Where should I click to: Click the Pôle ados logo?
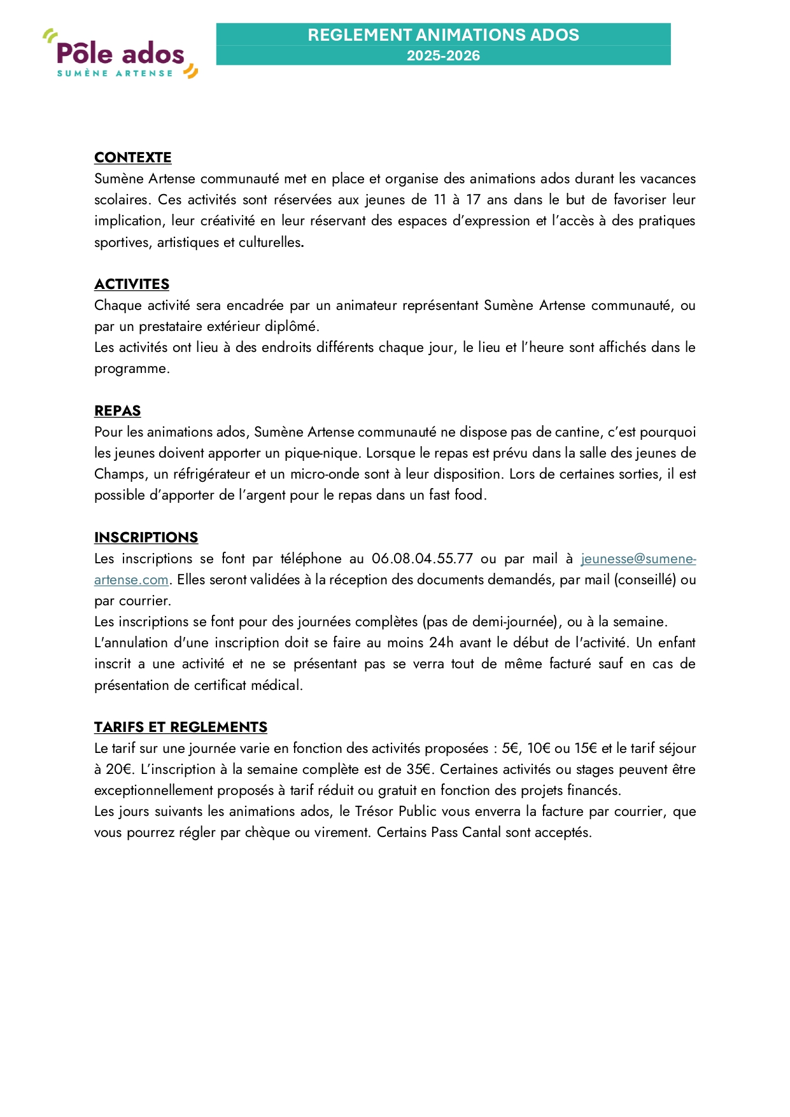click(120, 54)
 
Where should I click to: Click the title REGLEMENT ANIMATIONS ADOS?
click(443, 35)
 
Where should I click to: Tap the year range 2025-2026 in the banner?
click(443, 56)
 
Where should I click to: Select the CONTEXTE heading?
click(132, 158)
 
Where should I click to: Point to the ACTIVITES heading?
click(132, 285)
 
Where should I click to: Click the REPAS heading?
click(117, 411)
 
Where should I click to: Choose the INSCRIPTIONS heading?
click(146, 538)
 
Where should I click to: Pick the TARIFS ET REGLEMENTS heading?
click(180, 727)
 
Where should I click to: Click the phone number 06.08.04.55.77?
click(422, 559)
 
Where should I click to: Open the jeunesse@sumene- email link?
click(638, 559)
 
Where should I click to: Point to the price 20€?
click(120, 769)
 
